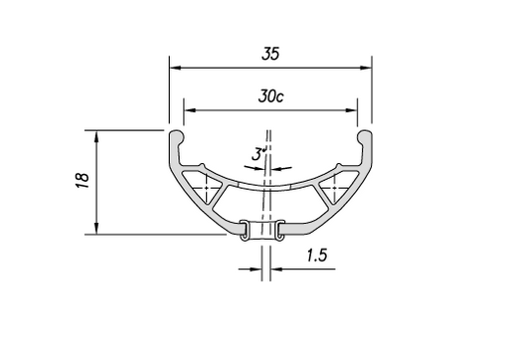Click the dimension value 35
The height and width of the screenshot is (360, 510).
click(268, 55)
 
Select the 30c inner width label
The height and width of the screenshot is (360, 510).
click(268, 98)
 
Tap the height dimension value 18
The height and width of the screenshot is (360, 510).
click(83, 179)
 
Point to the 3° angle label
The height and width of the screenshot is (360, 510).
click(258, 155)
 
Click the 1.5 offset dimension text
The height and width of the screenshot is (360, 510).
click(317, 256)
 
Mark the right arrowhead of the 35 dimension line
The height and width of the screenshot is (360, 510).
click(365, 68)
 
